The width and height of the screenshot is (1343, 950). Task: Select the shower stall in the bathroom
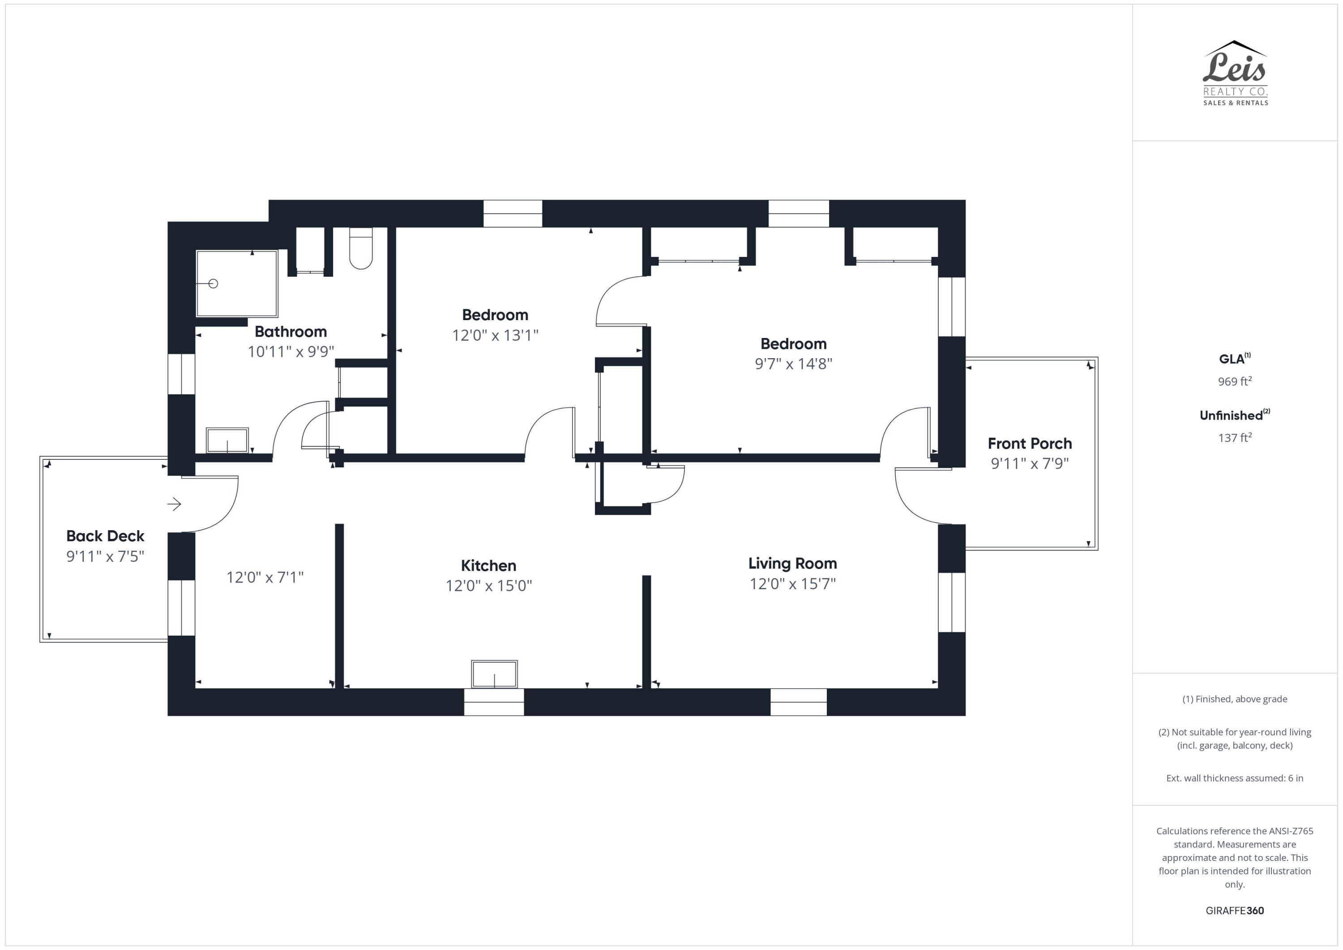click(x=236, y=284)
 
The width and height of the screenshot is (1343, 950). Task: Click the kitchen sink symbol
click(x=494, y=674)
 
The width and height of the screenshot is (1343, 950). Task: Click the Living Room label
click(x=792, y=563)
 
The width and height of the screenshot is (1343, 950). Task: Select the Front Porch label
click(x=1030, y=443)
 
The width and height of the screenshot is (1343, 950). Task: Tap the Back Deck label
click(x=105, y=536)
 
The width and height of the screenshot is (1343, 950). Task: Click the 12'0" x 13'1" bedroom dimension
click(x=495, y=335)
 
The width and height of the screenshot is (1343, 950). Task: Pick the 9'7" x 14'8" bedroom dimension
click(x=793, y=364)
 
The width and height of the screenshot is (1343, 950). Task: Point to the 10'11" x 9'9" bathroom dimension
click(x=291, y=351)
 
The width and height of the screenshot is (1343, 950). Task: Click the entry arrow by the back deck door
click(x=174, y=504)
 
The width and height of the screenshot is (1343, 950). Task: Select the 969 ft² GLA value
click(x=1235, y=381)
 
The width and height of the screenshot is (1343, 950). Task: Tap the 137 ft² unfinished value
click(x=1235, y=437)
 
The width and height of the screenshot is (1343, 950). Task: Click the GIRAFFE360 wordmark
click(x=1235, y=910)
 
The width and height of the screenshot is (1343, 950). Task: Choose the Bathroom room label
click(x=291, y=332)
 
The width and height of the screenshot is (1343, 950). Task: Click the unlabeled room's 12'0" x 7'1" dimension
click(x=265, y=578)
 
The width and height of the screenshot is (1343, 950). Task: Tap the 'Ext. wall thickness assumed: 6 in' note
click(x=1235, y=778)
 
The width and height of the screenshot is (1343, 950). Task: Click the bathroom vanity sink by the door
click(x=227, y=440)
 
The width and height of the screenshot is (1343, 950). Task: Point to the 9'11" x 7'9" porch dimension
click(x=1030, y=463)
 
